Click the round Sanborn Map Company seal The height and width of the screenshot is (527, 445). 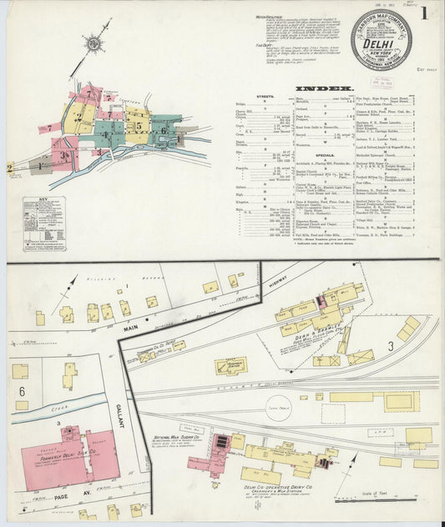381,39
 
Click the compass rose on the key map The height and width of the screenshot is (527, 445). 92,42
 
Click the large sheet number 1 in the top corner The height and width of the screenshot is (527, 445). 424,13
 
